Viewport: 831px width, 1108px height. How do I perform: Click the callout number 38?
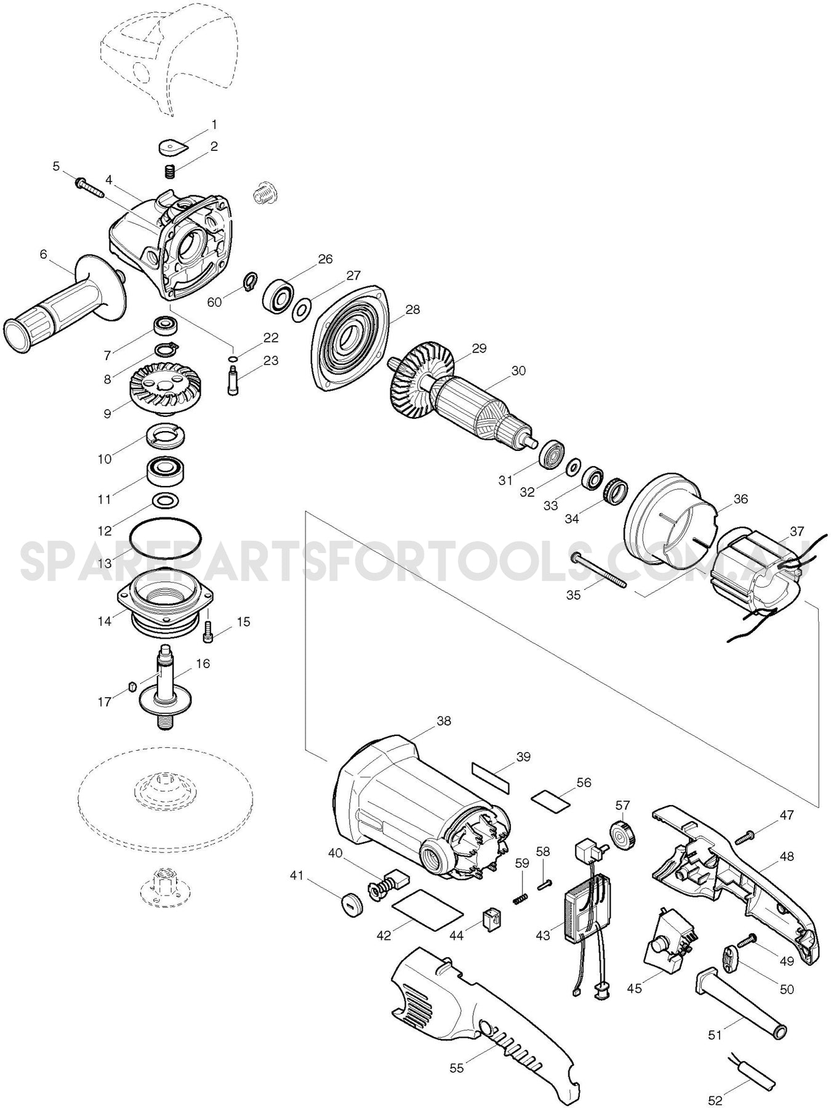pyautogui.click(x=443, y=720)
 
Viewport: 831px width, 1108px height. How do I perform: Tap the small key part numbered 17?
pyautogui.click(x=130, y=686)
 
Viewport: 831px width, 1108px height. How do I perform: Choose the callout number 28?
pyautogui.click(x=412, y=310)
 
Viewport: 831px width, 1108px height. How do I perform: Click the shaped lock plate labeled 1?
pyautogui.click(x=172, y=147)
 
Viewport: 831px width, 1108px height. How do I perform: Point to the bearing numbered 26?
pyautogui.click(x=278, y=294)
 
